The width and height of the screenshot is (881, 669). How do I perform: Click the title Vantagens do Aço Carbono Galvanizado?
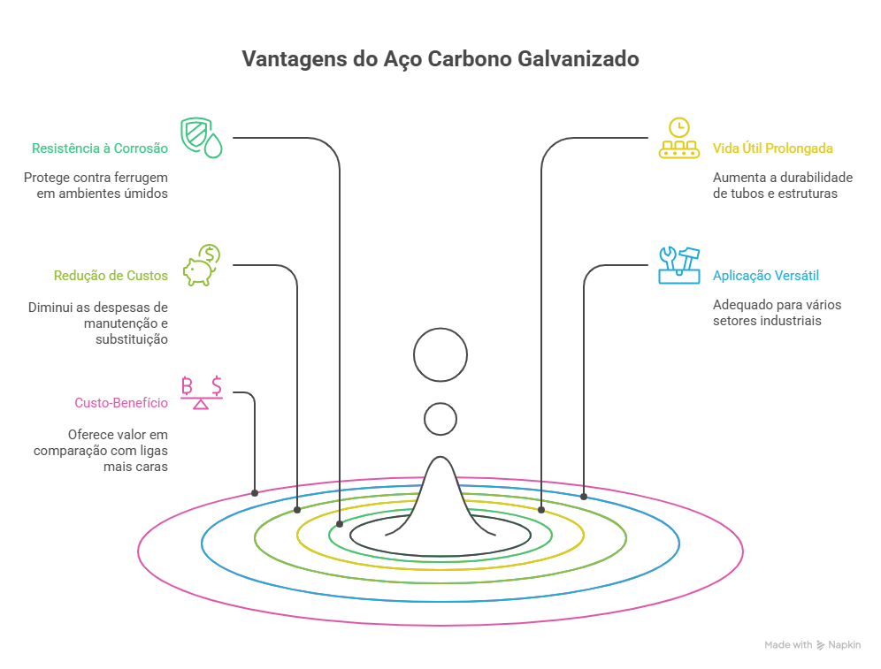(440, 59)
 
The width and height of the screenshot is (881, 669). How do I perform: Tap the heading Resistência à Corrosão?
(99, 148)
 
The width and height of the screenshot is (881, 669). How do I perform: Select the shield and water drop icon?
(201, 137)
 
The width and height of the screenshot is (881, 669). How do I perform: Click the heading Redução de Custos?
(111, 276)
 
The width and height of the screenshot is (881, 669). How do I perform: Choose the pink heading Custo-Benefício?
(120, 403)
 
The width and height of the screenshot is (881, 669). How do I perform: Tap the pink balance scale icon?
(202, 392)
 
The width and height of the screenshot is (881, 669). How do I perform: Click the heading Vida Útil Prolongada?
(773, 148)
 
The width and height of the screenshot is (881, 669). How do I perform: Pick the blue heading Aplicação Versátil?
(766, 276)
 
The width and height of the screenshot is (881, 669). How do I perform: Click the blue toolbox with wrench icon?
(678, 265)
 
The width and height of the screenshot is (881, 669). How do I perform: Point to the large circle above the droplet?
(440, 354)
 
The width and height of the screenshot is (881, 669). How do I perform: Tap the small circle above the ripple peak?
(440, 419)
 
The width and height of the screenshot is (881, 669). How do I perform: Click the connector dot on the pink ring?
(255, 492)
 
